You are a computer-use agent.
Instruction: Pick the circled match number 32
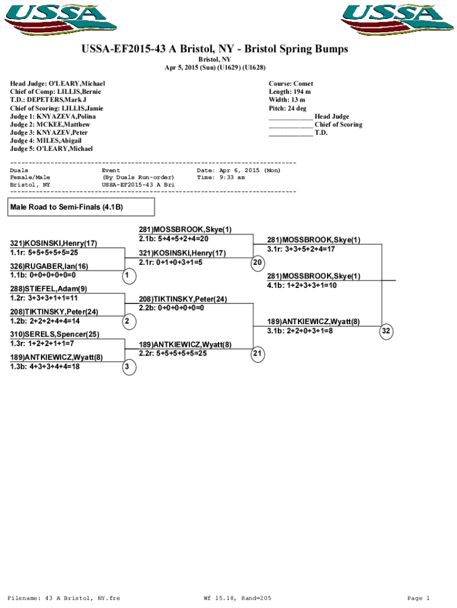click(386, 331)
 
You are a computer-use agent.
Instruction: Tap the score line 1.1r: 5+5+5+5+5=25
click(44, 252)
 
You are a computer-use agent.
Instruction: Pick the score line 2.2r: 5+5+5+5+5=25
click(173, 353)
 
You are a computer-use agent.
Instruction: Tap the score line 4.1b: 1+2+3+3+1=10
click(302, 286)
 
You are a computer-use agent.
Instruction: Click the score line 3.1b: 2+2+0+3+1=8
click(300, 331)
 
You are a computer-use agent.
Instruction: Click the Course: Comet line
click(291, 84)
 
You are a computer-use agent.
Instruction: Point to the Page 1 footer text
click(418, 598)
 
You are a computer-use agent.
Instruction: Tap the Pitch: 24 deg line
click(287, 109)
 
